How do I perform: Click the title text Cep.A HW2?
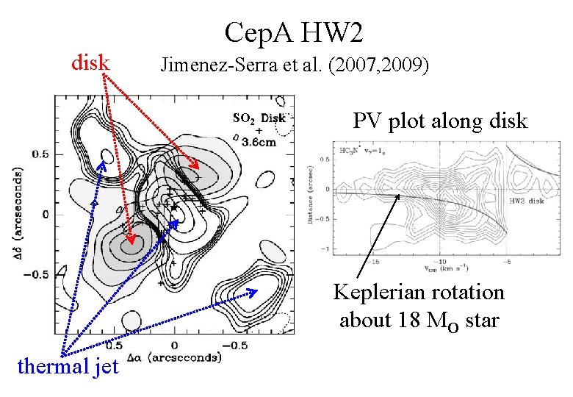click(x=294, y=32)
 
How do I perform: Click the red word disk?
click(x=90, y=63)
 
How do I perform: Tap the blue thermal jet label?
click(x=68, y=365)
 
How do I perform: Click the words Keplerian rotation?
click(x=419, y=293)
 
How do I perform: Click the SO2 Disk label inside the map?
click(x=258, y=118)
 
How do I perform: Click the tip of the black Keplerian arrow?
click(x=400, y=195)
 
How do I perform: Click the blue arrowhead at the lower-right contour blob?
click(x=257, y=292)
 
